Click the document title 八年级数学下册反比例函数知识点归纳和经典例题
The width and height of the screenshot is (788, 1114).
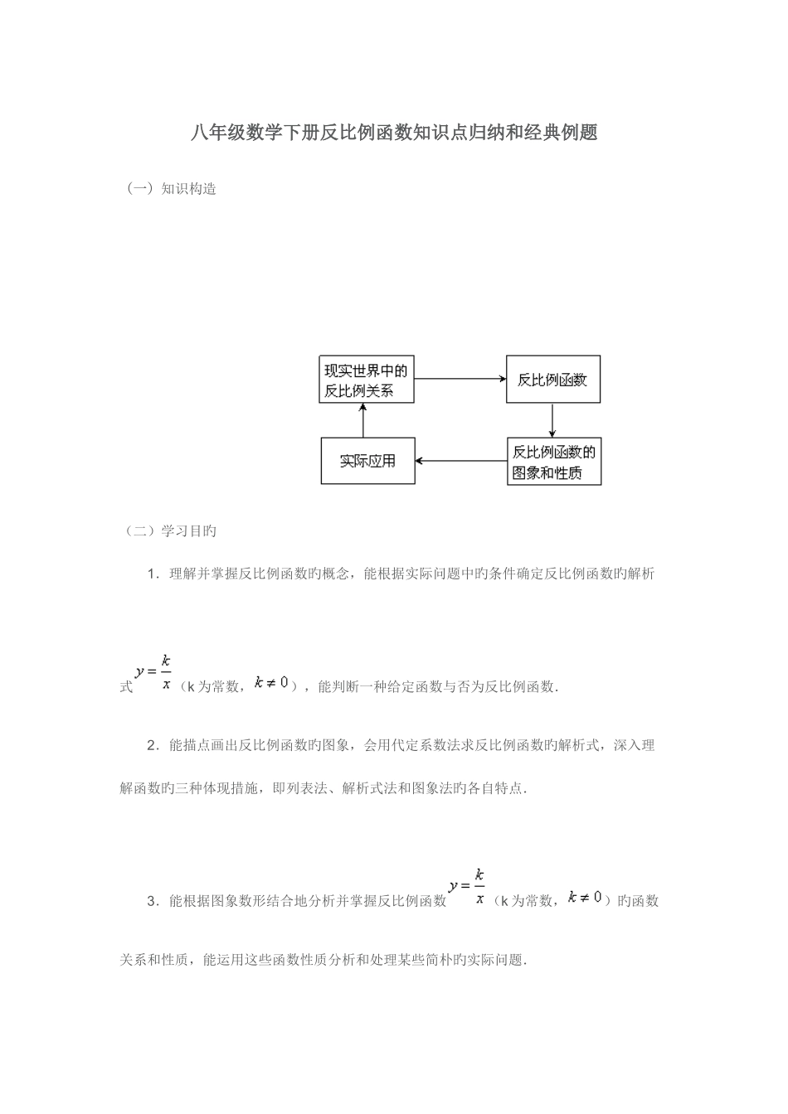394,133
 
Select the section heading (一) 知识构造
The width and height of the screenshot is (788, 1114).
173,189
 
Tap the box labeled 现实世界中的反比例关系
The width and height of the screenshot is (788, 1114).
366,380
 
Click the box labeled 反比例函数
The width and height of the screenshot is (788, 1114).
552,380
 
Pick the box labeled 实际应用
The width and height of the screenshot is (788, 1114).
367,461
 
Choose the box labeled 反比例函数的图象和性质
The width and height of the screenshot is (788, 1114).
553,462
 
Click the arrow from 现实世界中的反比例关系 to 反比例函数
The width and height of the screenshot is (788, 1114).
460,379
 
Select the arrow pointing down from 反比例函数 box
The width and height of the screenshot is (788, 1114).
552,420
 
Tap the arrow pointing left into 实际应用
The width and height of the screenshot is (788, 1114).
460,460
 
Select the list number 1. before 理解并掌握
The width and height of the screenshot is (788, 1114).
152,573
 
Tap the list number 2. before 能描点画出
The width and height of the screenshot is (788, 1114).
152,745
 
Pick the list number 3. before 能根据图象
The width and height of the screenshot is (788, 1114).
152,901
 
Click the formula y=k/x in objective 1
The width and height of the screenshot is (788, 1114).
154,671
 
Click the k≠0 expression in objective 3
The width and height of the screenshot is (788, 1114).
585,898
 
